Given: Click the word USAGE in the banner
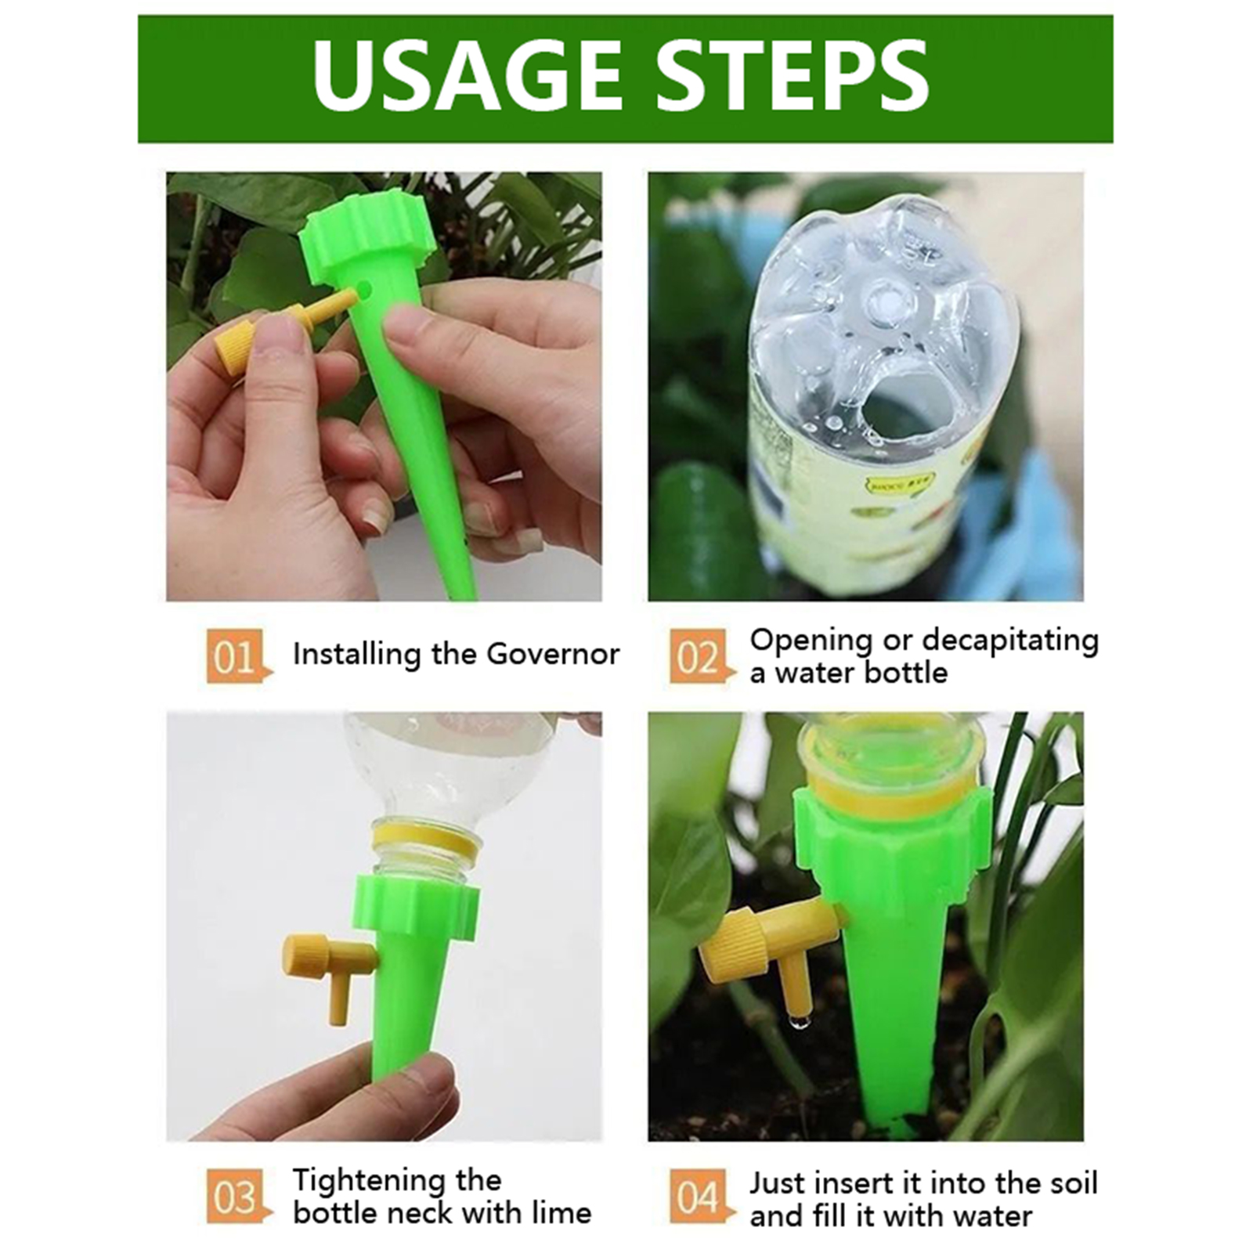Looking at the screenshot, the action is [467, 75].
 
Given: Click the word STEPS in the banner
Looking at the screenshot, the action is [793, 75].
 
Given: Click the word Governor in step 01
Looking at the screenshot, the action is [552, 654].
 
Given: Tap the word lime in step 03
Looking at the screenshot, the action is [562, 1213].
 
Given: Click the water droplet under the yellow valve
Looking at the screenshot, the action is [798, 1021].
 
